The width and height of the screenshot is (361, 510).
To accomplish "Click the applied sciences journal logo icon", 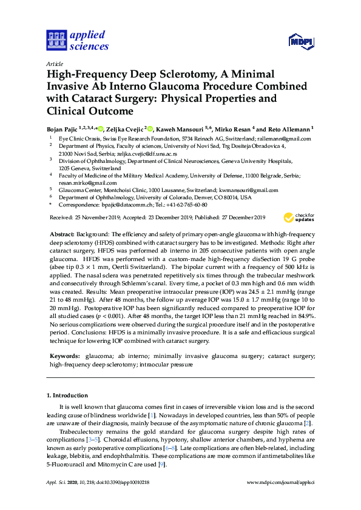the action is [x=55, y=41].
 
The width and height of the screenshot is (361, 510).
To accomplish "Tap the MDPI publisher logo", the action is [x=302, y=42].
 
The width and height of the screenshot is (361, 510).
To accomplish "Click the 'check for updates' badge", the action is [x=299, y=217].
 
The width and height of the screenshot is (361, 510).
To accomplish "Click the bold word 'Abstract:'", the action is [x=64, y=234].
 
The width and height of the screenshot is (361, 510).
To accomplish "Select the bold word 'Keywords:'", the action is [x=64, y=357].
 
